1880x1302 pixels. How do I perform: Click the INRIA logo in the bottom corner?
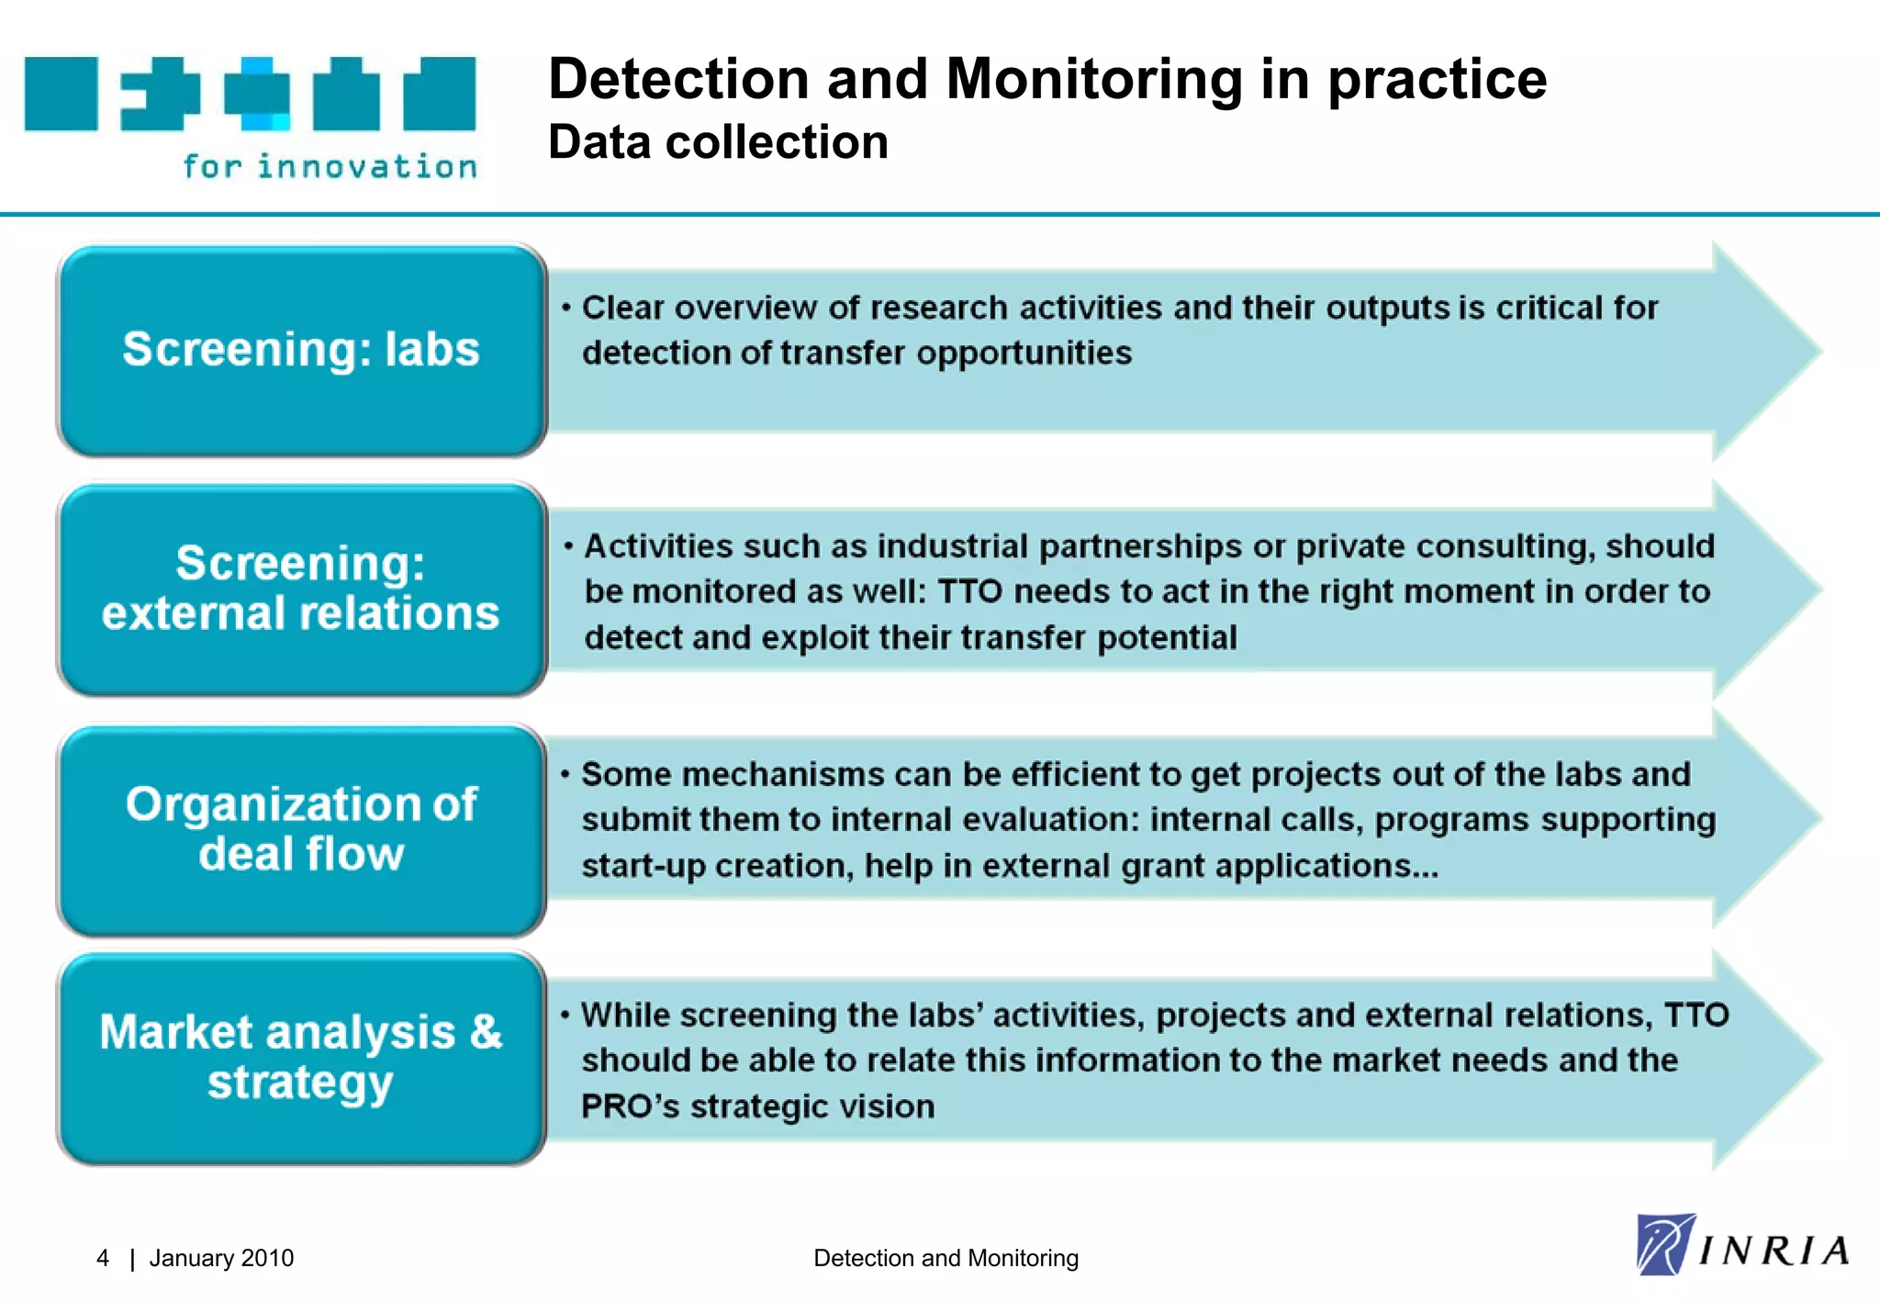(1742, 1246)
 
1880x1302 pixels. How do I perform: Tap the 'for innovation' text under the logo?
(330, 166)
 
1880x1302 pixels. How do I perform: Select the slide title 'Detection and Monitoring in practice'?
(1046, 79)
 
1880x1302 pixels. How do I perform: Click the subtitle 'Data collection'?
(718, 142)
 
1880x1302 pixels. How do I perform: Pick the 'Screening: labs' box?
(301, 350)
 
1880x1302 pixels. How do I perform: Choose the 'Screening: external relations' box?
(301, 589)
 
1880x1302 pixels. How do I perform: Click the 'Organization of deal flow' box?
(301, 829)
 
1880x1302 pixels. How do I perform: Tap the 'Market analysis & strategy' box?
(301, 1058)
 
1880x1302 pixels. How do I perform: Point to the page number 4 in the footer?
(103, 1258)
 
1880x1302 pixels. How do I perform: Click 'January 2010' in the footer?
(221, 1258)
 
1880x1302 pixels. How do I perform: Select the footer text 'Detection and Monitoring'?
(946, 1258)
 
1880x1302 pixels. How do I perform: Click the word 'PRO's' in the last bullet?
(630, 1106)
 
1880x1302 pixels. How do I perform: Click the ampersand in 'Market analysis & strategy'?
(486, 1032)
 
